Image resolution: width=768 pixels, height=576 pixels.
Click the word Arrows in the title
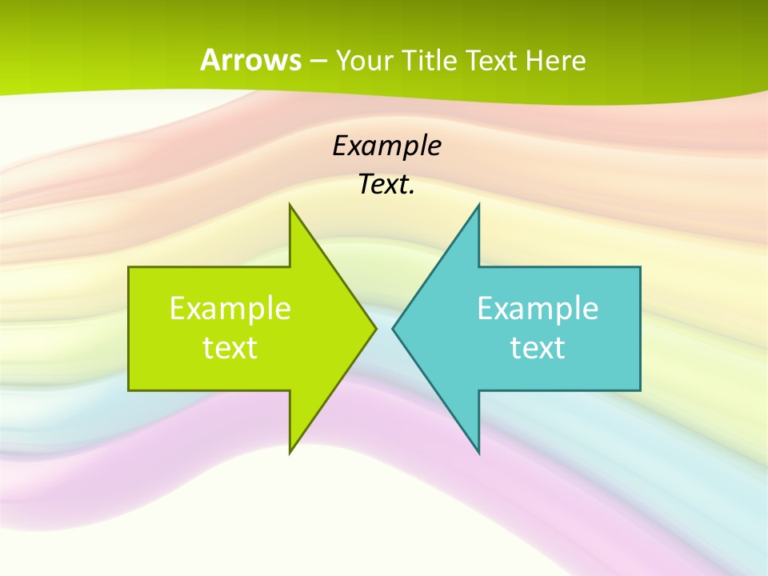(x=250, y=60)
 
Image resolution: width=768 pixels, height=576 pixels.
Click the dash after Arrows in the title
(x=318, y=61)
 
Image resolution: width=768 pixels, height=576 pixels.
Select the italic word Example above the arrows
(x=386, y=146)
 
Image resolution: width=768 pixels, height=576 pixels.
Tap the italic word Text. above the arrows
(x=386, y=185)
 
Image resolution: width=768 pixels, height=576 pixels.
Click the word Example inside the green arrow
(x=230, y=309)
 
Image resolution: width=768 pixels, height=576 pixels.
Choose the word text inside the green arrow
(x=230, y=348)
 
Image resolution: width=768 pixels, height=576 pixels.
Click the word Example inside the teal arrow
(x=538, y=309)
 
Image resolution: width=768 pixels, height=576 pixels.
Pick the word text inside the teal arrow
(x=538, y=348)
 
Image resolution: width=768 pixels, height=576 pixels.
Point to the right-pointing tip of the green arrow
(x=376, y=328)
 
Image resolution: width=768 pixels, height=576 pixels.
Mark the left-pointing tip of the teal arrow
(x=393, y=328)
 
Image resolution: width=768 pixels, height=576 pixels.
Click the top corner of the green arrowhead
(x=290, y=206)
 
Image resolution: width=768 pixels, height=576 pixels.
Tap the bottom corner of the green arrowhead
(x=290, y=451)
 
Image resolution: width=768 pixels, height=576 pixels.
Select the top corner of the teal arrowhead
(x=478, y=206)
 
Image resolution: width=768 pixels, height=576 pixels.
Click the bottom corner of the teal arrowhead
(x=478, y=451)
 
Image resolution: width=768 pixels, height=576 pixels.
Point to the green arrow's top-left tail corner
(x=129, y=267)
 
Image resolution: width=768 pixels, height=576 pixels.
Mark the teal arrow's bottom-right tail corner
(x=640, y=390)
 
